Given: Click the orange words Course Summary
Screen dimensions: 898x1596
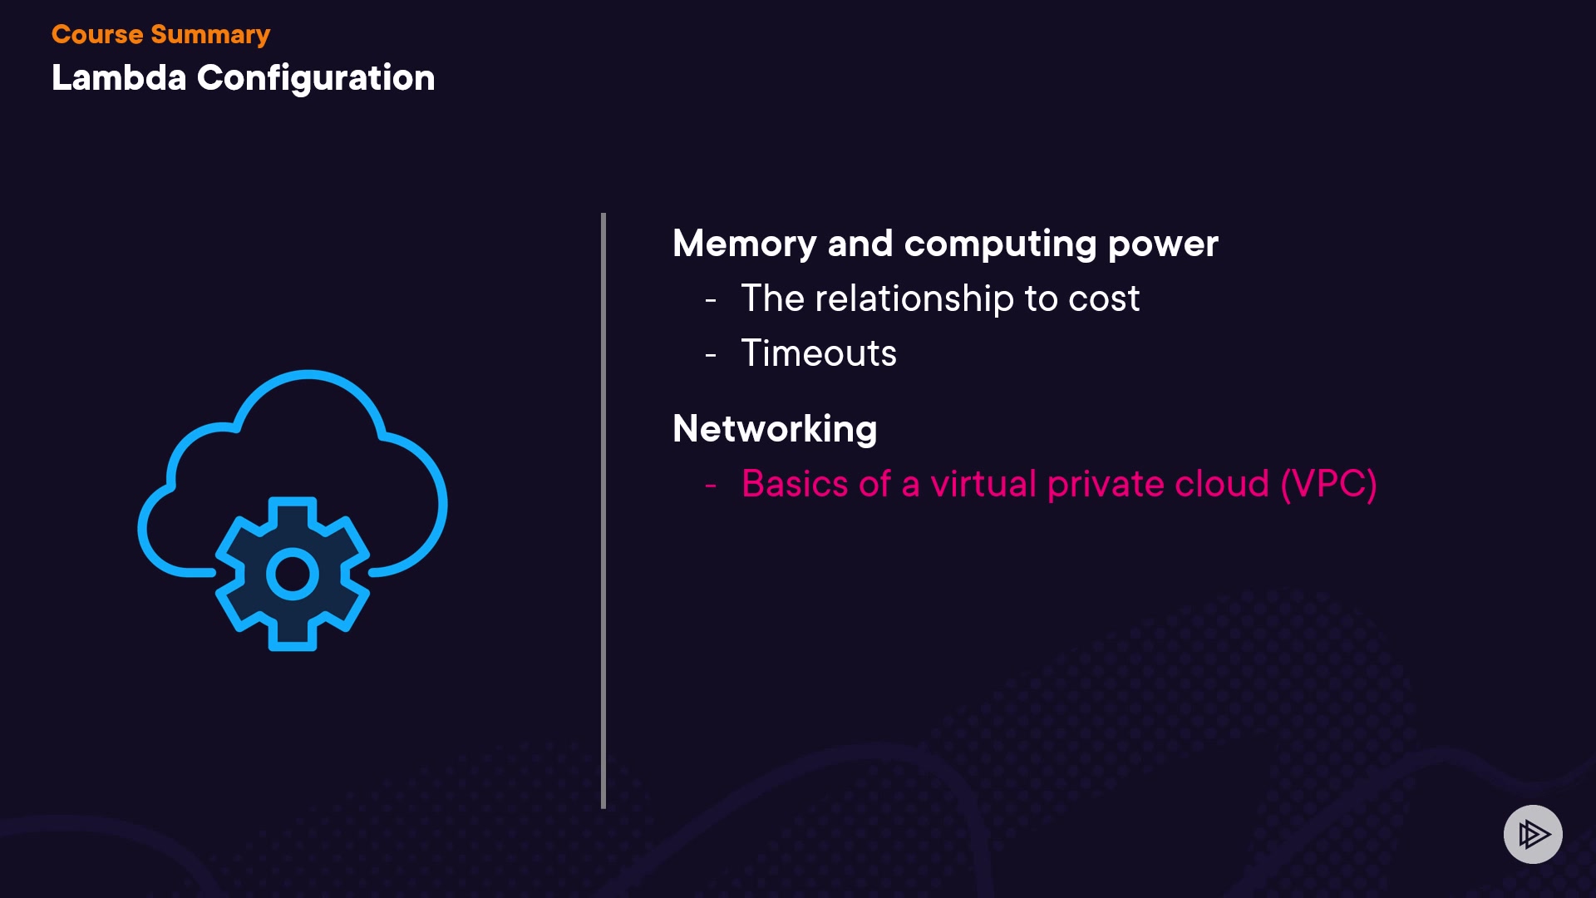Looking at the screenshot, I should coord(160,35).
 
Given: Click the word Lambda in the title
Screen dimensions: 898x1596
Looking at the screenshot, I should coord(119,78).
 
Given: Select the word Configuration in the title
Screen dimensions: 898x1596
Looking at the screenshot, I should coord(316,78).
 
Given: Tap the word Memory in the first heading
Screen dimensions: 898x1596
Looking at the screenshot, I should coord(744,244).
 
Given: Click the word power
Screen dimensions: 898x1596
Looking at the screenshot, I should coord(1163,244).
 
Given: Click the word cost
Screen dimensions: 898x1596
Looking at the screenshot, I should coord(1104,299).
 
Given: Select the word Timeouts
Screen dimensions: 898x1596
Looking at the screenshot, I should coord(819,353).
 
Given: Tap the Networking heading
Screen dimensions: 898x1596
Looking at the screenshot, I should coord(775,429).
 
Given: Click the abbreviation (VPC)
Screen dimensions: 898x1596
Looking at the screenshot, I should coord(1328,484).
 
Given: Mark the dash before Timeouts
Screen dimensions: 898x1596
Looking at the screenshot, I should coord(711,355).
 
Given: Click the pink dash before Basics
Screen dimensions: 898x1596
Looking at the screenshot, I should coord(711,486).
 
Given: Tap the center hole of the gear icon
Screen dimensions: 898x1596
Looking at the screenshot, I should coord(293,574).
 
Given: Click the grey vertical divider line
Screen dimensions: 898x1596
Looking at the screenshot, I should coord(603,511).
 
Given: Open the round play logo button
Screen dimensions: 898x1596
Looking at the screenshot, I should coord(1533,834).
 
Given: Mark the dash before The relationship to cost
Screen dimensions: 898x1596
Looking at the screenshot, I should coord(711,300).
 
